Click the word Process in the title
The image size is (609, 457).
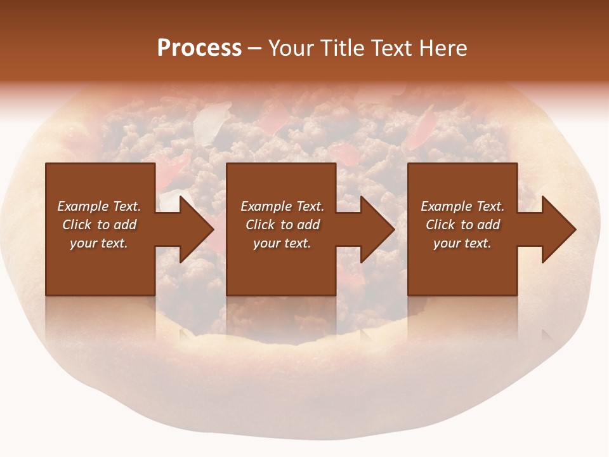(x=199, y=48)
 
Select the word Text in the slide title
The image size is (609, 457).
(x=390, y=48)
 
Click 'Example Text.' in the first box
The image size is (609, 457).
(x=99, y=206)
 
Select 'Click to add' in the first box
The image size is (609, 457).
(x=99, y=225)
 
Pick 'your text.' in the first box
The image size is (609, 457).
(x=99, y=243)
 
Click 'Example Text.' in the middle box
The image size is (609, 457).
(x=282, y=206)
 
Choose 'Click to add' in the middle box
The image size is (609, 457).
(x=282, y=225)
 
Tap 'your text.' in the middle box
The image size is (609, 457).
(x=282, y=243)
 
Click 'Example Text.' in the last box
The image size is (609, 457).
(x=462, y=206)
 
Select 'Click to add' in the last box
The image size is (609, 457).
(x=462, y=225)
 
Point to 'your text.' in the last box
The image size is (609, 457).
(x=462, y=243)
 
